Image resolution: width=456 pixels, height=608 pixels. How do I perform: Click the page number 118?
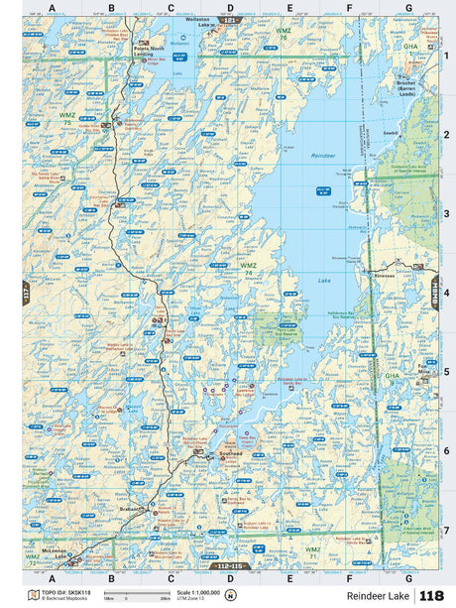coord(432,595)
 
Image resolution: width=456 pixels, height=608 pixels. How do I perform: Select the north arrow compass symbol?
coord(231,595)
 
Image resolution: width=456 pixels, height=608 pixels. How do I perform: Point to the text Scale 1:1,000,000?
coord(198,591)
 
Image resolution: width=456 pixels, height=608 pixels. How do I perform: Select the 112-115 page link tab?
coord(229,565)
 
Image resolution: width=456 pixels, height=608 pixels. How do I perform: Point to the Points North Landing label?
coord(150,51)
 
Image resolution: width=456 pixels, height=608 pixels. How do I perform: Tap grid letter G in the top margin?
coord(408,8)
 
